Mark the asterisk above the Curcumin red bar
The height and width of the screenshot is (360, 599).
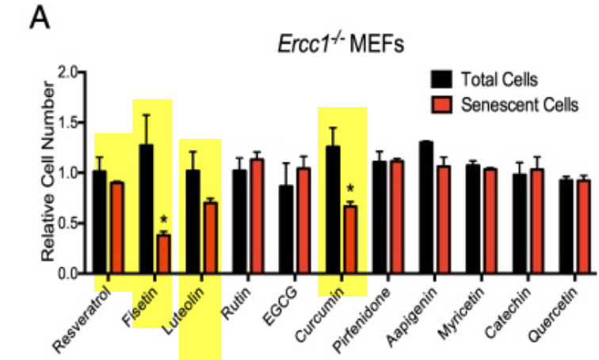[x=349, y=190]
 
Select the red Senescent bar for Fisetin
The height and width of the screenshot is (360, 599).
[x=163, y=254]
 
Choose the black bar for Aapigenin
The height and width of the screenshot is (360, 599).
[x=425, y=208]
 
